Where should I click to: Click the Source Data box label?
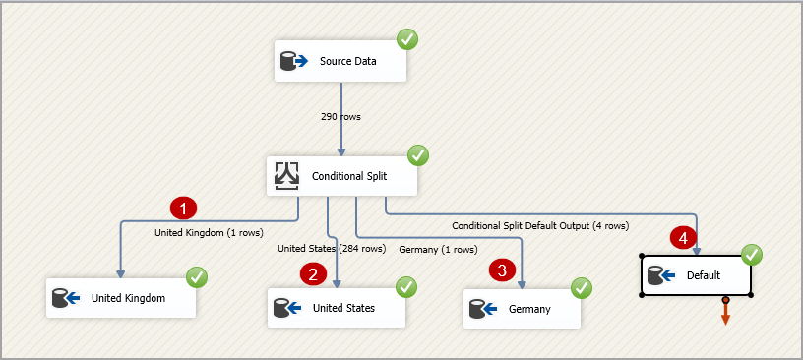coord(348,62)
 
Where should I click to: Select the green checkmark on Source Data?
coord(406,40)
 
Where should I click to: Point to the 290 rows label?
coord(340,116)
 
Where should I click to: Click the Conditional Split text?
coord(351,177)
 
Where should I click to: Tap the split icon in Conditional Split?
coord(286,176)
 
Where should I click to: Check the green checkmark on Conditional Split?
coord(418,155)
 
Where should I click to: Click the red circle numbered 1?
coord(184,209)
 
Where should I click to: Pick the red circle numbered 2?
coord(313,274)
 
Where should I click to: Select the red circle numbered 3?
coord(502,270)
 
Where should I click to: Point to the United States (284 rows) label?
coord(332,249)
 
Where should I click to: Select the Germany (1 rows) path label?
coord(438,250)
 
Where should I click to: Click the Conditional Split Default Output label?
coord(539,225)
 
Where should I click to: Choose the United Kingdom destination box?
coord(122,297)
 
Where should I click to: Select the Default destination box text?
coord(704,275)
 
